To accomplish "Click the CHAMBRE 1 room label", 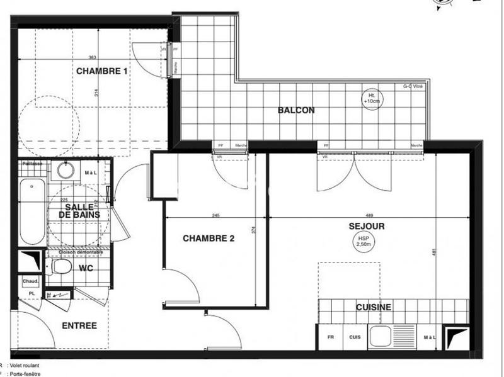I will click(x=102, y=71).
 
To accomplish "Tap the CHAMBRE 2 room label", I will click(x=209, y=239).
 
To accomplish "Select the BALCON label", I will click(x=296, y=110).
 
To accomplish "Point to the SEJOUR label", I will click(x=370, y=225).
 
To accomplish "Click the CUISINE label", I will click(x=373, y=307).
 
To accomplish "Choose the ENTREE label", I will click(x=79, y=325).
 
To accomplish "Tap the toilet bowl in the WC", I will click(x=61, y=268).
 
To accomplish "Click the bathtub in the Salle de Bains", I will click(x=31, y=213).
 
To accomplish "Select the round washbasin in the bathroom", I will click(x=64, y=170).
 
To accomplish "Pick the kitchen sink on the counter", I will click(x=381, y=337).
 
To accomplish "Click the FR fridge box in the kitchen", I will click(x=330, y=337).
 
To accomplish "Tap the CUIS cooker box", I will click(x=355, y=337).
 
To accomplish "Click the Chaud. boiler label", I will click(x=31, y=281).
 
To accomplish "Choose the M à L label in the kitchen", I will click(x=429, y=337).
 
